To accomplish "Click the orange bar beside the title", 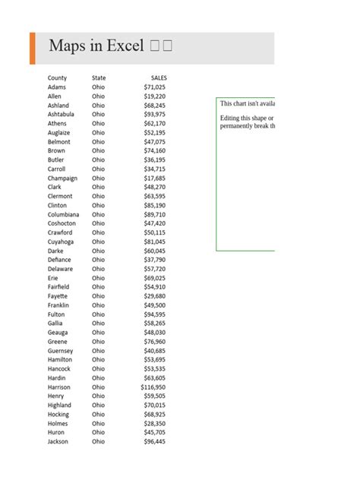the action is coord(32,48).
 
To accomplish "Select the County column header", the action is coord(57,78).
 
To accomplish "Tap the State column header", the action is coord(99,78).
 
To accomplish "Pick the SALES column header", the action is coord(159,78).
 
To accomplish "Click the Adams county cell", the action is coord(57,87).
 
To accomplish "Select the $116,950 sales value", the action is coord(153,387).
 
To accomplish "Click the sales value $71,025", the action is coord(155,87).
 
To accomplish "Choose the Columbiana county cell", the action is coord(63,214).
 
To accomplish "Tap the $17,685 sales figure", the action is coord(155,178).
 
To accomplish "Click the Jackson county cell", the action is coord(58,441).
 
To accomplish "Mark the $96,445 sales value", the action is coord(155,441).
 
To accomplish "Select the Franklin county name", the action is coord(58,305).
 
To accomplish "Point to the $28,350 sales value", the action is coord(155,424).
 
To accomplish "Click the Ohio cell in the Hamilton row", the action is coord(99,360).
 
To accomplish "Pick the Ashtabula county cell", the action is coord(61,115).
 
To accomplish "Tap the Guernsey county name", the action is coord(61,351).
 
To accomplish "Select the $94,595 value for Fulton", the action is coord(155,314).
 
